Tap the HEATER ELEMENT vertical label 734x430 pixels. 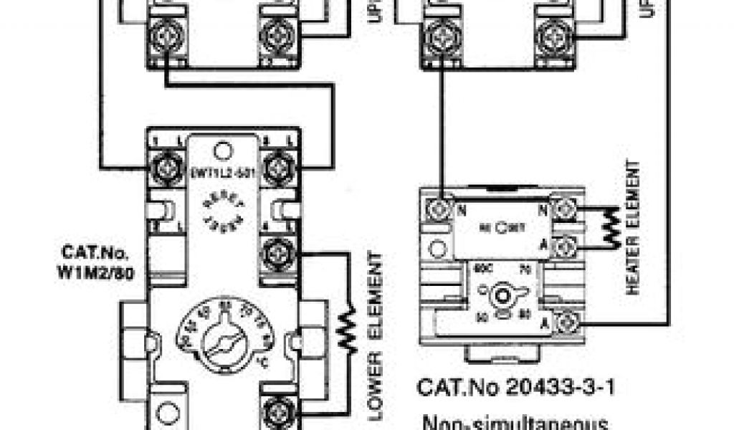click(x=632, y=227)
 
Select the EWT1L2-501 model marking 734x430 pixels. click(x=221, y=172)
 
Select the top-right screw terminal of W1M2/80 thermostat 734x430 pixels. click(x=277, y=168)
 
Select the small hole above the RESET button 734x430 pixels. click(x=222, y=150)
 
